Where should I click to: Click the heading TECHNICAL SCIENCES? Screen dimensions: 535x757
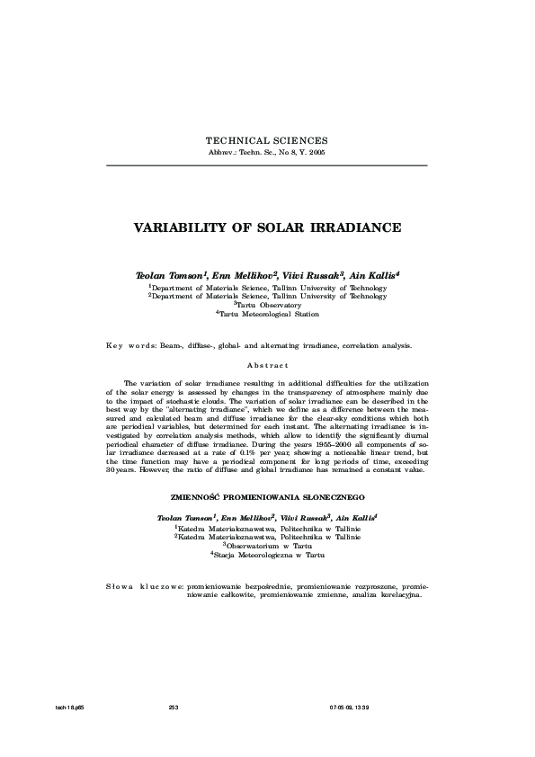pos(267,141)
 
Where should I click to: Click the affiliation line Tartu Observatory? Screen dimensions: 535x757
pos(267,305)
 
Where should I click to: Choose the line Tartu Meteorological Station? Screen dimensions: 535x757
pos(267,315)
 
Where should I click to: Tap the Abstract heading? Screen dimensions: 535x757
pos(267,365)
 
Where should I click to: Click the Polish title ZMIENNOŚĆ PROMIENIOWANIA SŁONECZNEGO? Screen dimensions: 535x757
pos(267,496)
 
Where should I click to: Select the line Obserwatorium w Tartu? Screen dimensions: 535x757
pos(267,546)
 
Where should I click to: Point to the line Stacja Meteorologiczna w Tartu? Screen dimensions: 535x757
pos(267,556)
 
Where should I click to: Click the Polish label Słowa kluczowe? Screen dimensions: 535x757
pos(144,586)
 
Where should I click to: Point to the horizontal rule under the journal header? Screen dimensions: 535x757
pos(267,165)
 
